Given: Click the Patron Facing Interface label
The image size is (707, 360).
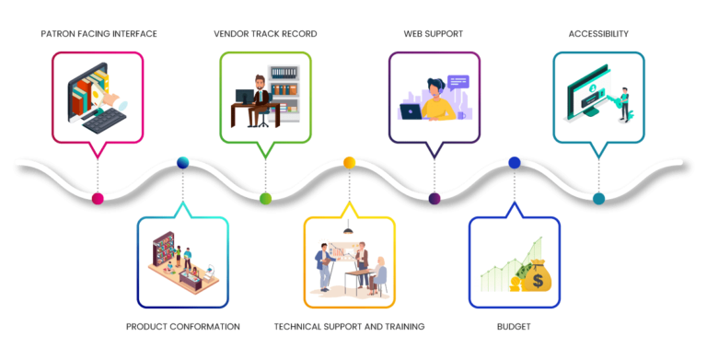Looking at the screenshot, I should [99, 34].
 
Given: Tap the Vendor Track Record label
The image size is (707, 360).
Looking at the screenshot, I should [265, 34].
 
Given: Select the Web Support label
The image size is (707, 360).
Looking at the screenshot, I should [433, 34].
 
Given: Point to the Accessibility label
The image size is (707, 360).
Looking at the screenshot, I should [598, 34].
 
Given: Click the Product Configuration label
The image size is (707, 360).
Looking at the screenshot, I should [183, 327].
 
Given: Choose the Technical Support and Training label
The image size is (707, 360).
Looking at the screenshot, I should [349, 327].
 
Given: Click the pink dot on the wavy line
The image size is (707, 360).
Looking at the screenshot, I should [99, 198].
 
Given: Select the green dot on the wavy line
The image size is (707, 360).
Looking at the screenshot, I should [265, 198].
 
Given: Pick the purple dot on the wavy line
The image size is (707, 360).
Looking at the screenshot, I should [435, 198].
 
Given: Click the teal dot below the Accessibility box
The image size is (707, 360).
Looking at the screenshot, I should [599, 198].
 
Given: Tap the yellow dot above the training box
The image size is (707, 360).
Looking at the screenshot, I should [350, 163].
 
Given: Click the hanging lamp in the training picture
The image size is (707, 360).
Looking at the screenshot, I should [349, 231].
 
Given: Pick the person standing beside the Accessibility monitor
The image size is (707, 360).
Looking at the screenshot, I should [623, 103].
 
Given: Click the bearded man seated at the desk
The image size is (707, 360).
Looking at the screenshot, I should [261, 97].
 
